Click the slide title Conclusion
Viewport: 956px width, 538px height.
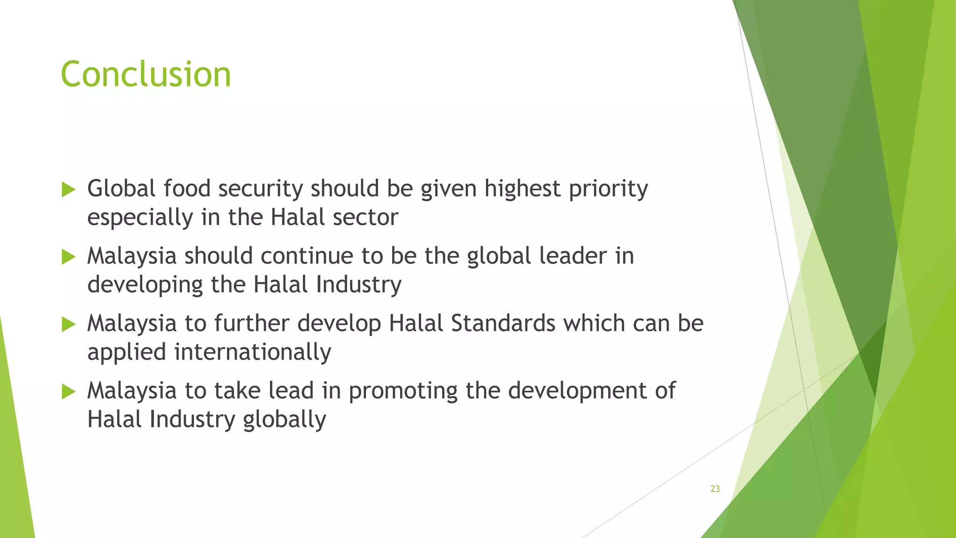pyautogui.click(x=146, y=75)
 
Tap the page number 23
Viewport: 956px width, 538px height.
pyautogui.click(x=715, y=489)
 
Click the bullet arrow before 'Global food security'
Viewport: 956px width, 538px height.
pyautogui.click(x=68, y=190)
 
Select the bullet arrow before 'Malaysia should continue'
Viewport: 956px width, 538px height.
pyautogui.click(x=68, y=257)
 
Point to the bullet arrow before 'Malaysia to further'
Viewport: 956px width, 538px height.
pyautogui.click(x=68, y=324)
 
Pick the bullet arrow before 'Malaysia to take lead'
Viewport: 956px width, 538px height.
pyautogui.click(x=68, y=391)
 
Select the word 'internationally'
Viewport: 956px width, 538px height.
pyautogui.click(x=253, y=352)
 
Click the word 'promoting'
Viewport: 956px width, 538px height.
pyautogui.click(x=403, y=391)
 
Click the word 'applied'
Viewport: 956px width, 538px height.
pyautogui.click(x=127, y=353)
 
